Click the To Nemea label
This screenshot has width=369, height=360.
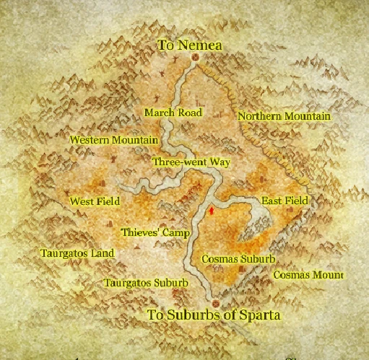pyautogui.click(x=190, y=45)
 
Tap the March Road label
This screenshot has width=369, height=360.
pyautogui.click(x=173, y=113)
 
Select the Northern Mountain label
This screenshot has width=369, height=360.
pyautogui.click(x=284, y=116)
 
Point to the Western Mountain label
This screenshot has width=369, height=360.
pyautogui.click(x=113, y=139)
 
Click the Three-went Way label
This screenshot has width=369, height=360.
pyautogui.click(x=191, y=162)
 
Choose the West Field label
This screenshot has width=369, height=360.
pyautogui.click(x=94, y=201)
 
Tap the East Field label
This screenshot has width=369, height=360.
pyautogui.click(x=285, y=200)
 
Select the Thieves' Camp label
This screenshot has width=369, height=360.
pyautogui.click(x=155, y=233)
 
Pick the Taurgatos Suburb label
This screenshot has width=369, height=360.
pyautogui.click(x=146, y=283)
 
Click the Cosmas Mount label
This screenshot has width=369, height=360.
pyautogui.click(x=308, y=275)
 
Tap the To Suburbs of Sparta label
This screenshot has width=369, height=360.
pyautogui.click(x=213, y=315)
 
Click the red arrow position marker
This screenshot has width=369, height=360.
pyautogui.click(x=210, y=211)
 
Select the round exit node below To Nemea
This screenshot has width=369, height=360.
pyautogui.click(x=194, y=62)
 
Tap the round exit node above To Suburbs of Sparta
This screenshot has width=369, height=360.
pyautogui.click(x=214, y=302)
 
